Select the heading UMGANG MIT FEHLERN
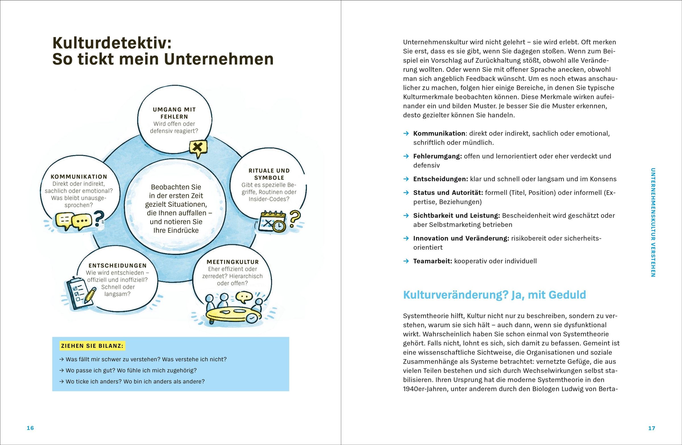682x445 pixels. pos(174,113)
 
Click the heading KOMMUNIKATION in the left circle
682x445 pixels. pos(79,177)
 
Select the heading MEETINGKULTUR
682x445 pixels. pos(232,262)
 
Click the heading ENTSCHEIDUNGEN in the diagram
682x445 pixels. pos(117,266)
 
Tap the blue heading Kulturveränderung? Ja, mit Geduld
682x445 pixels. pos(494,295)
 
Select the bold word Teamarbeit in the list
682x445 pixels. pos(433,261)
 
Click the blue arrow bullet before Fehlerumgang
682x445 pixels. pos(406,156)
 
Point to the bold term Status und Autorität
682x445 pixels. pos(448,193)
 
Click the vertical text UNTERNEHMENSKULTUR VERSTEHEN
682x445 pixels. pos(653,222)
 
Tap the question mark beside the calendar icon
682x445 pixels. pos(295,219)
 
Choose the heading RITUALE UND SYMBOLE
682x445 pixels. pos(269,174)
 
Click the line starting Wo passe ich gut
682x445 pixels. pos(131,370)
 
